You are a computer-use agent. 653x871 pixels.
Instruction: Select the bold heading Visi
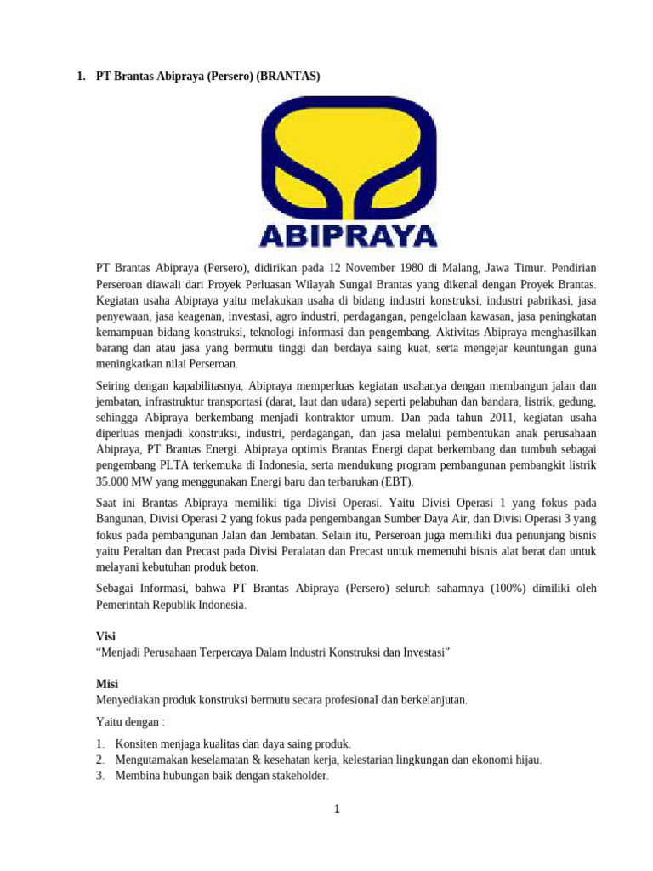105,635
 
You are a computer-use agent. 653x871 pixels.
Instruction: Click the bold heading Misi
106,683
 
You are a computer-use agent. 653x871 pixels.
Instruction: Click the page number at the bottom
337,810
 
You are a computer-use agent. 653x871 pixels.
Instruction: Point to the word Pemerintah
126,605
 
